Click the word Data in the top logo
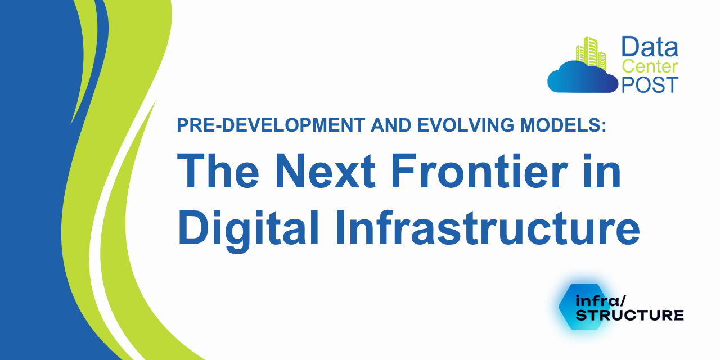650,47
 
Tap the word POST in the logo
650,84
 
